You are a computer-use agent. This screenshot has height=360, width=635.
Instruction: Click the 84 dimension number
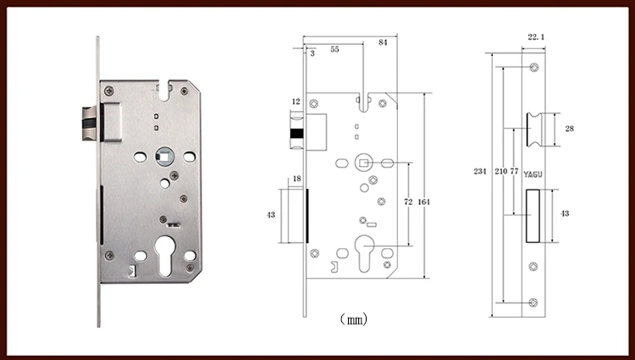383,42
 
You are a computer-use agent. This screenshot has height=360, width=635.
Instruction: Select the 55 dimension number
334,49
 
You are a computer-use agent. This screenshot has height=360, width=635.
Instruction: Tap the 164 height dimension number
423,202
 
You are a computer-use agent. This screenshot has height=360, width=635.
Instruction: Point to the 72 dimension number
408,202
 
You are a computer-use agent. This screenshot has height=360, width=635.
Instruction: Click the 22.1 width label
536,37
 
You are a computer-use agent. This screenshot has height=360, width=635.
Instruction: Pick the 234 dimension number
480,171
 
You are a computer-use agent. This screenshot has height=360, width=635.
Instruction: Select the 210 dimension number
501,171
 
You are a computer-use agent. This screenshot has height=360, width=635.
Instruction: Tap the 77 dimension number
514,171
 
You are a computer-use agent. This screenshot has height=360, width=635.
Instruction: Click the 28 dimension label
570,129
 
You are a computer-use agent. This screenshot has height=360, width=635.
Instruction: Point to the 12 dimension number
296,102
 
